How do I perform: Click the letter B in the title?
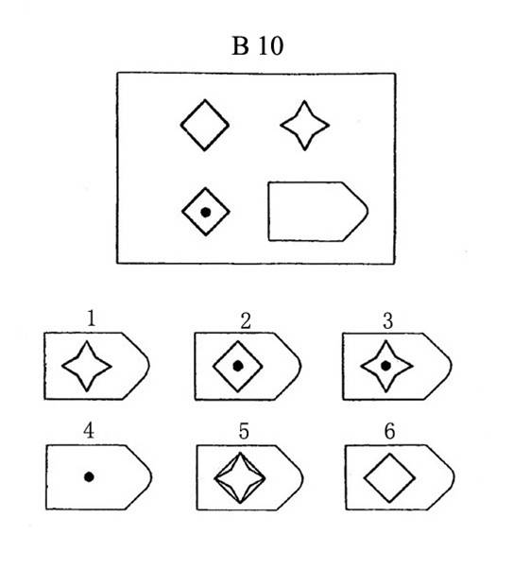(x=240, y=46)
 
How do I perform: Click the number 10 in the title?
(x=271, y=46)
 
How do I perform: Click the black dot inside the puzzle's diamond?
(x=206, y=213)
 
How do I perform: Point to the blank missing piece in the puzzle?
(x=268, y=211)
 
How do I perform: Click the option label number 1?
(x=91, y=319)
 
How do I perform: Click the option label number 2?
(x=246, y=321)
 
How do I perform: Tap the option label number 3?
(x=388, y=321)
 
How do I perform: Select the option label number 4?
(x=89, y=431)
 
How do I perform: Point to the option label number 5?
(x=244, y=431)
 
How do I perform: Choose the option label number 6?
(x=389, y=431)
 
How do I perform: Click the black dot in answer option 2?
(x=238, y=366)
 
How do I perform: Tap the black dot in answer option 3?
(x=386, y=366)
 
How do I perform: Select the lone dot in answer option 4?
(x=89, y=476)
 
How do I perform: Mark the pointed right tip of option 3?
(x=452, y=366)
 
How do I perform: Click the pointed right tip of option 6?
(x=453, y=476)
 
